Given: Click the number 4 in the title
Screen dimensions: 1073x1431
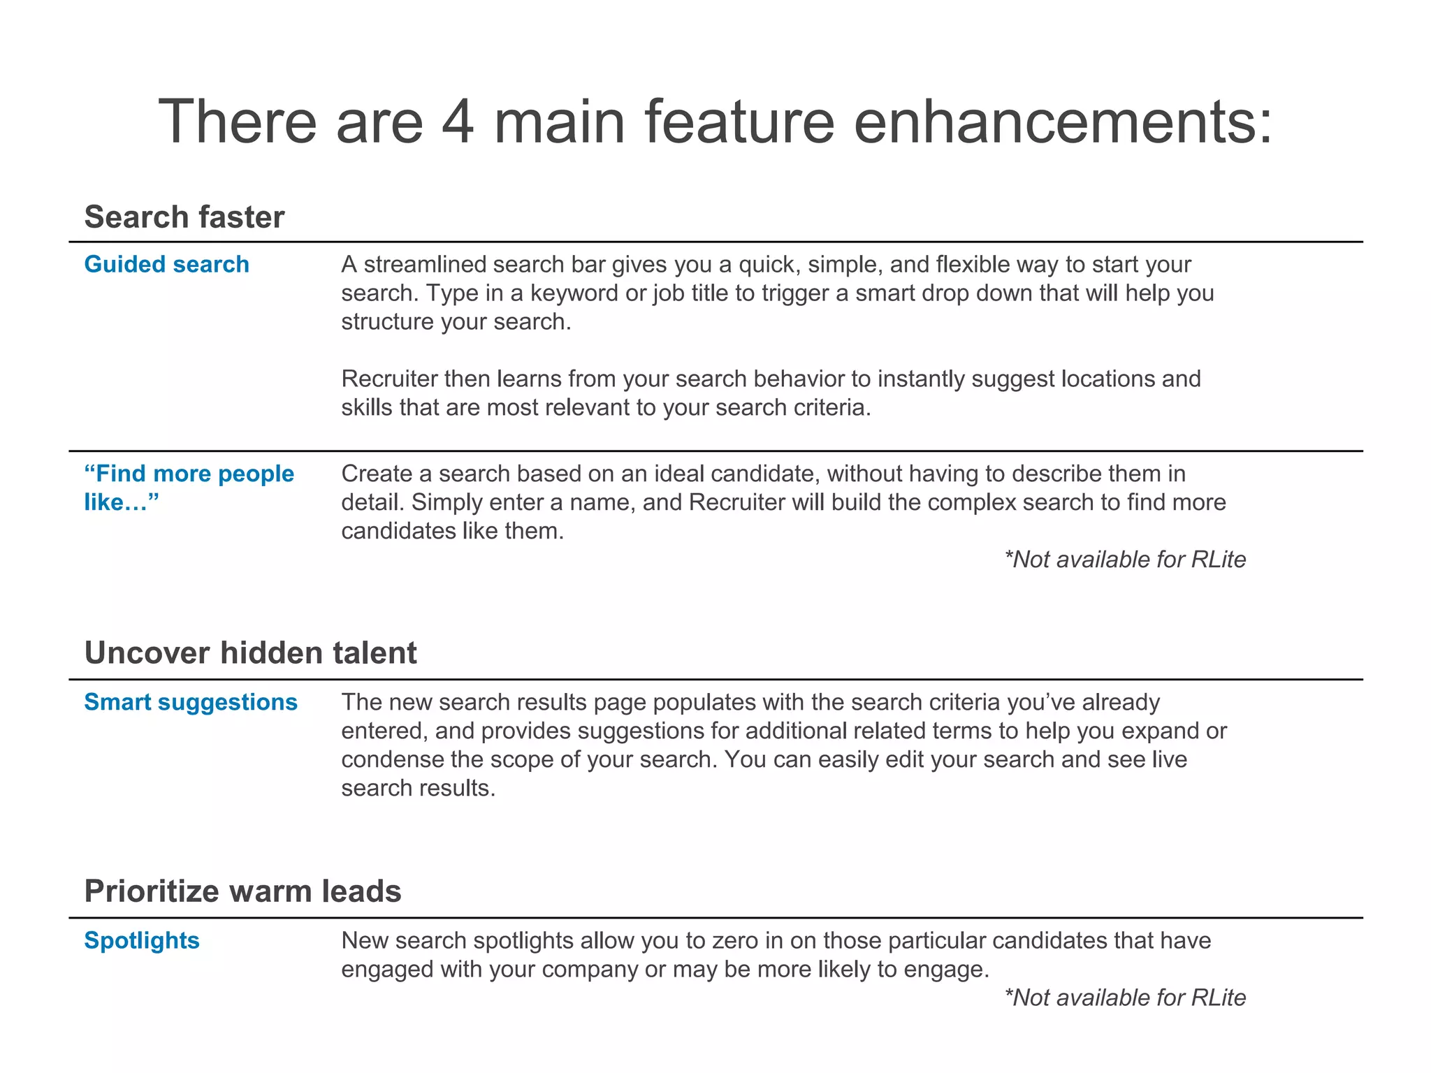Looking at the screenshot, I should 458,122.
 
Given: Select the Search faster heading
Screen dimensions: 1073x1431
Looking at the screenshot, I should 184,217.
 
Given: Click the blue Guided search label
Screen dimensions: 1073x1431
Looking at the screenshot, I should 166,265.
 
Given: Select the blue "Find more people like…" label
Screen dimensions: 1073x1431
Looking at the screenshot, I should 189,488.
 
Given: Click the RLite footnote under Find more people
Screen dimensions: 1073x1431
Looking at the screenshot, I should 1125,560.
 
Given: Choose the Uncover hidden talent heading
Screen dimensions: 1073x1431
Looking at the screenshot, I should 250,653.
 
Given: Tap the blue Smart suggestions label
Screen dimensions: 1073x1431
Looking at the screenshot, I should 191,702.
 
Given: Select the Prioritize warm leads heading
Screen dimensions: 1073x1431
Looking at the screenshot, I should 242,892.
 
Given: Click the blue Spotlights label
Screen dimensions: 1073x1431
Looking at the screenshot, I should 142,941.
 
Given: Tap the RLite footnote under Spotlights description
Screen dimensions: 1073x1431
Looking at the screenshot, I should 1125,998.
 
